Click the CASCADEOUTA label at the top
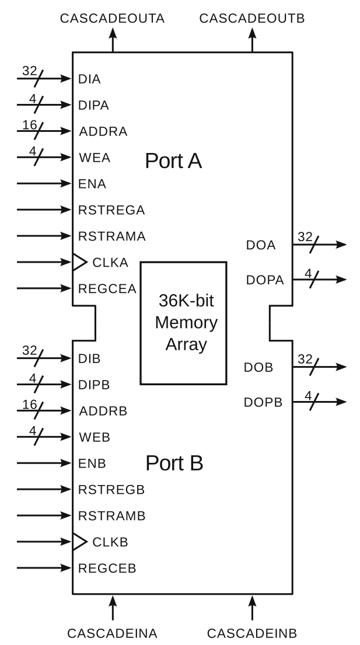point(112,19)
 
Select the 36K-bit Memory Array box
point(183,323)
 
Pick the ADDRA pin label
point(103,131)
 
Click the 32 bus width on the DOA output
point(305,236)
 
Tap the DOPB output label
point(263,402)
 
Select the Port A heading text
point(173,161)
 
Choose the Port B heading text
point(174,463)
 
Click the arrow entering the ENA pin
point(44,183)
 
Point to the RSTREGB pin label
point(111,489)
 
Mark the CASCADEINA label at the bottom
point(112,633)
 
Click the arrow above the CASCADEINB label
point(252,607)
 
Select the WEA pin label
point(94,157)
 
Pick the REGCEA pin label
point(107,288)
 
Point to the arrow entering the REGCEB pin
point(44,567)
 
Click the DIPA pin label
point(93,105)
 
